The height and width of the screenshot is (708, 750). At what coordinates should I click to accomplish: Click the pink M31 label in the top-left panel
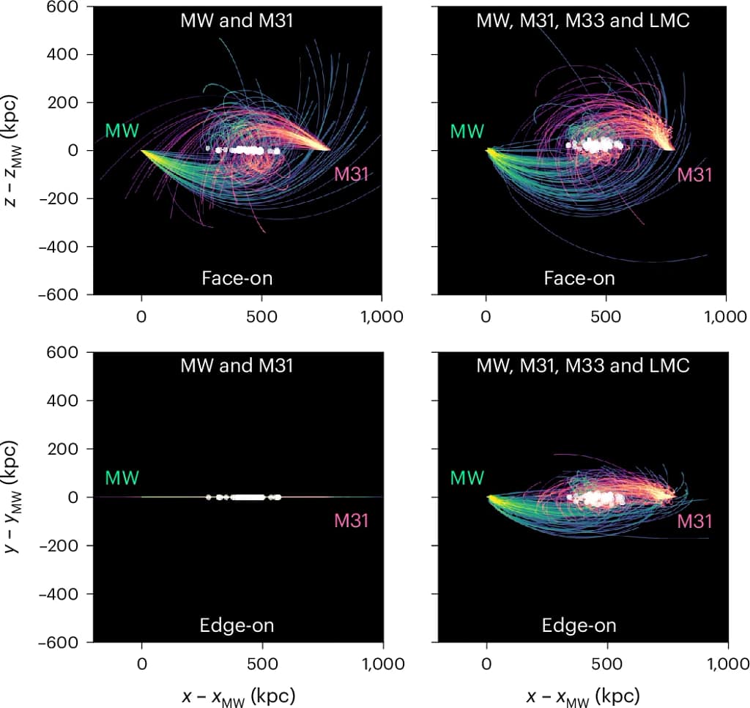pos(352,174)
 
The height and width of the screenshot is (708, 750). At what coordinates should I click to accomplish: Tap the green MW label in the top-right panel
pos(467,132)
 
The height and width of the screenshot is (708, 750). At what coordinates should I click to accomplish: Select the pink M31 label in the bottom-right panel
pos(694,521)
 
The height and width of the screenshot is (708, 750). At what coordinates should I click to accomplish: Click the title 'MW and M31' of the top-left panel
pos(237,21)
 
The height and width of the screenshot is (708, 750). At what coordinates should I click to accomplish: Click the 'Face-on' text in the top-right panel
pos(579,278)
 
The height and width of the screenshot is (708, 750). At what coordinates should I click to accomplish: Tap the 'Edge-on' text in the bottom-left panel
pos(237,625)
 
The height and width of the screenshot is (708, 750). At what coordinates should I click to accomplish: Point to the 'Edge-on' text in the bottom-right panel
pos(579,625)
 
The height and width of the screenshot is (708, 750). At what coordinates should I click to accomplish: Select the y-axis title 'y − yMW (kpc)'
pos(16,496)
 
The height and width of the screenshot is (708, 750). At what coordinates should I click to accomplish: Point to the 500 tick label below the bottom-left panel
pos(262,664)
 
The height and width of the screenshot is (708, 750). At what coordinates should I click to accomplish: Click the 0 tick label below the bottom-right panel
pos(486,664)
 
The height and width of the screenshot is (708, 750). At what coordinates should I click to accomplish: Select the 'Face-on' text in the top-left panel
pos(237,278)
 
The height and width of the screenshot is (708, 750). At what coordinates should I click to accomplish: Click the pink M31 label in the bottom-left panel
pos(352,521)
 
